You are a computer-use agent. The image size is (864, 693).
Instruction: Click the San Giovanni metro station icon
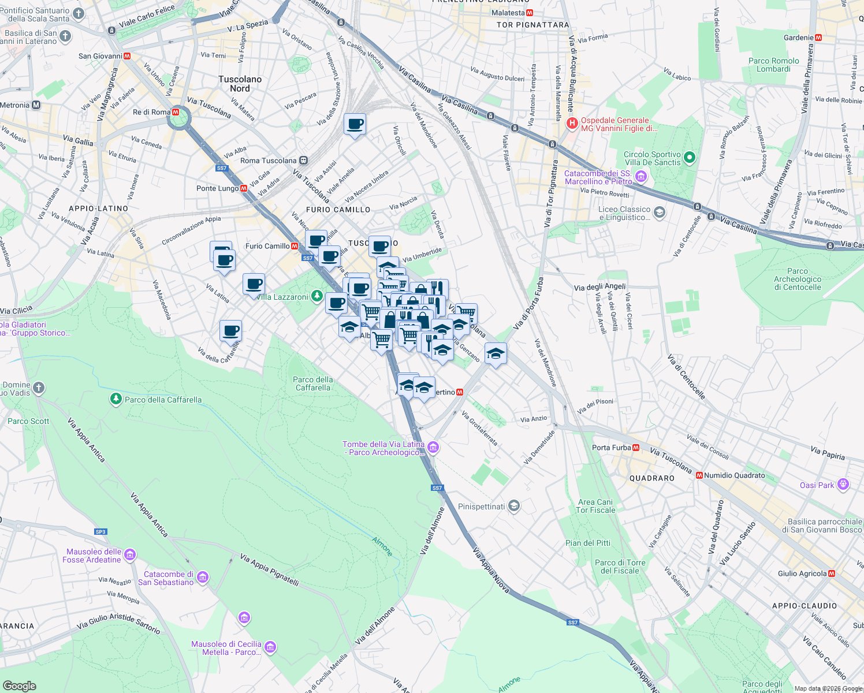[x=127, y=56]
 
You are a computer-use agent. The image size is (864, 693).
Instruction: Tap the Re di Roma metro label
[x=152, y=112]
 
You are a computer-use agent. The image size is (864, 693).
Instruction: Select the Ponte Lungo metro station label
[x=217, y=188]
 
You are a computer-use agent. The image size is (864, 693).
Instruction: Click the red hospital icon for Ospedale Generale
[x=572, y=123]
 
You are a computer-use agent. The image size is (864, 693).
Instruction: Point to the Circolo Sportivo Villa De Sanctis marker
[x=689, y=157]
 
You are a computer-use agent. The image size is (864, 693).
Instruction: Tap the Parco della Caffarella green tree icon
[x=116, y=399]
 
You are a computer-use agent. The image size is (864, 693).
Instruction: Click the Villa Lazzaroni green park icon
[x=316, y=296]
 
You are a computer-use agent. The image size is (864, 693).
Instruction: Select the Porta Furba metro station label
[x=611, y=448]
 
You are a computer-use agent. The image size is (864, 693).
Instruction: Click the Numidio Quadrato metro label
[x=734, y=475]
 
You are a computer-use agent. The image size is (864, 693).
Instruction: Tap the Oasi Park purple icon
[x=843, y=484]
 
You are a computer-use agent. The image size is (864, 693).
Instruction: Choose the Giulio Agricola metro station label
[x=802, y=573]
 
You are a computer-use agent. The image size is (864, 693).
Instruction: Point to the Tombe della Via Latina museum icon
[x=433, y=448]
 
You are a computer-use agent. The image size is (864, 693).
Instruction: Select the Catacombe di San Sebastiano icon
[x=202, y=577]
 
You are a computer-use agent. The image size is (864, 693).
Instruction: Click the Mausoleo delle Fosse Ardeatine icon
[x=130, y=555]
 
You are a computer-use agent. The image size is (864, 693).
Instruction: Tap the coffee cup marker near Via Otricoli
[x=355, y=124]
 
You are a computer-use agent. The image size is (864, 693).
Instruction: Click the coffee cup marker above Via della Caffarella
[x=230, y=331]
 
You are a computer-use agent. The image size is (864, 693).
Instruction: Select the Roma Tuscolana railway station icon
[x=303, y=161]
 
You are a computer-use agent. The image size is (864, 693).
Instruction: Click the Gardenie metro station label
[x=799, y=38]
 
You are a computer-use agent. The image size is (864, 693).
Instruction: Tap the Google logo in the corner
[x=19, y=685]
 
